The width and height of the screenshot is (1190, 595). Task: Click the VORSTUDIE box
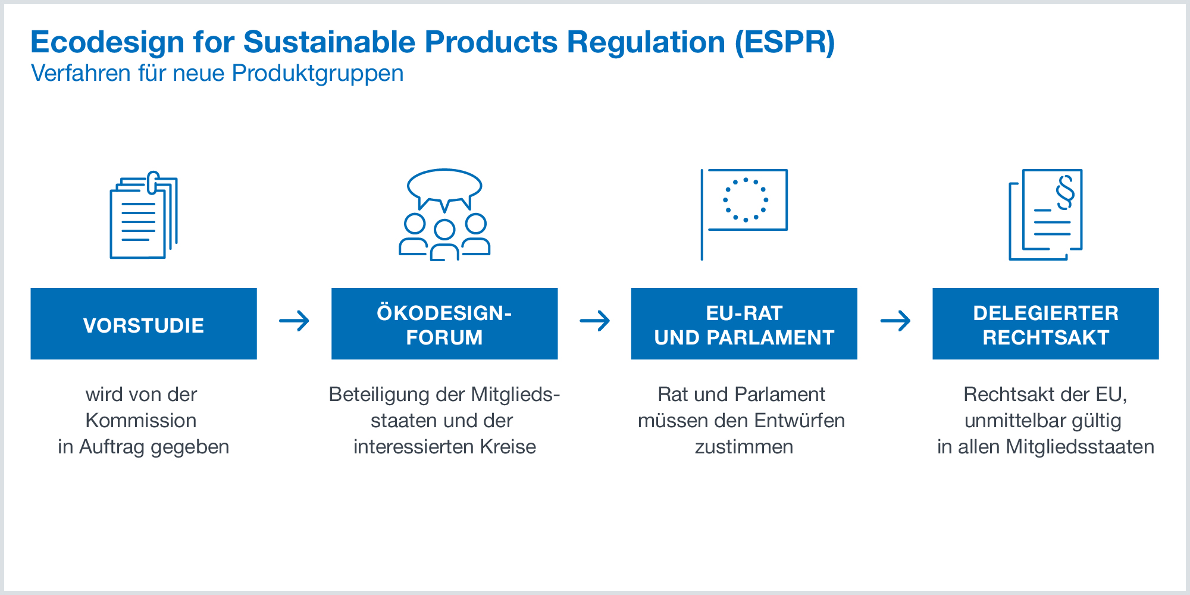143,324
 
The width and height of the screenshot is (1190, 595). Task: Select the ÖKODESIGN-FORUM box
444,324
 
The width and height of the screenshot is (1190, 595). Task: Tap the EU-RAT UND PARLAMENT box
744,324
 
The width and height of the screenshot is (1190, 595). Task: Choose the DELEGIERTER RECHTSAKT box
1045,324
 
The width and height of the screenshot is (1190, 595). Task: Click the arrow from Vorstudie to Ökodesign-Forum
295,321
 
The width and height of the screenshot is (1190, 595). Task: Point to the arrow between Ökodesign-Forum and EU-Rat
595,321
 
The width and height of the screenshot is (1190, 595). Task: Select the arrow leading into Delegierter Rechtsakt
895,321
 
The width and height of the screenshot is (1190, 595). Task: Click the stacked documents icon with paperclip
143,215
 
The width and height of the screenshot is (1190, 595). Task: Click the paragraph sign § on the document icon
1066,192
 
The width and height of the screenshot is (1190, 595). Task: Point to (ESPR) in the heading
785,43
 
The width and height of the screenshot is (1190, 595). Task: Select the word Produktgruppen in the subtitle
318,74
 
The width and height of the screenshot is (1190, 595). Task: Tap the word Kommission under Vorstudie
141,421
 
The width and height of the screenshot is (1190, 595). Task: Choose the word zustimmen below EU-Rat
744,447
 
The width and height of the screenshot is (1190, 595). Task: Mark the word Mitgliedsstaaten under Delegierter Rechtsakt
1080,447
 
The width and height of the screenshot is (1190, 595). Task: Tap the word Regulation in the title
646,43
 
